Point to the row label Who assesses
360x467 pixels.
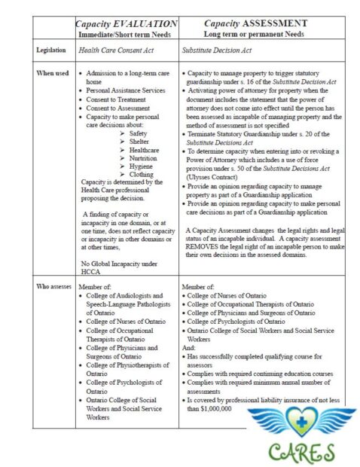[x=54, y=287]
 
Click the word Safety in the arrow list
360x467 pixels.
[x=138, y=133]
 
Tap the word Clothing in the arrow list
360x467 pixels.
[x=140, y=175]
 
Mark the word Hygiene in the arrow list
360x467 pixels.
[x=139, y=166]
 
